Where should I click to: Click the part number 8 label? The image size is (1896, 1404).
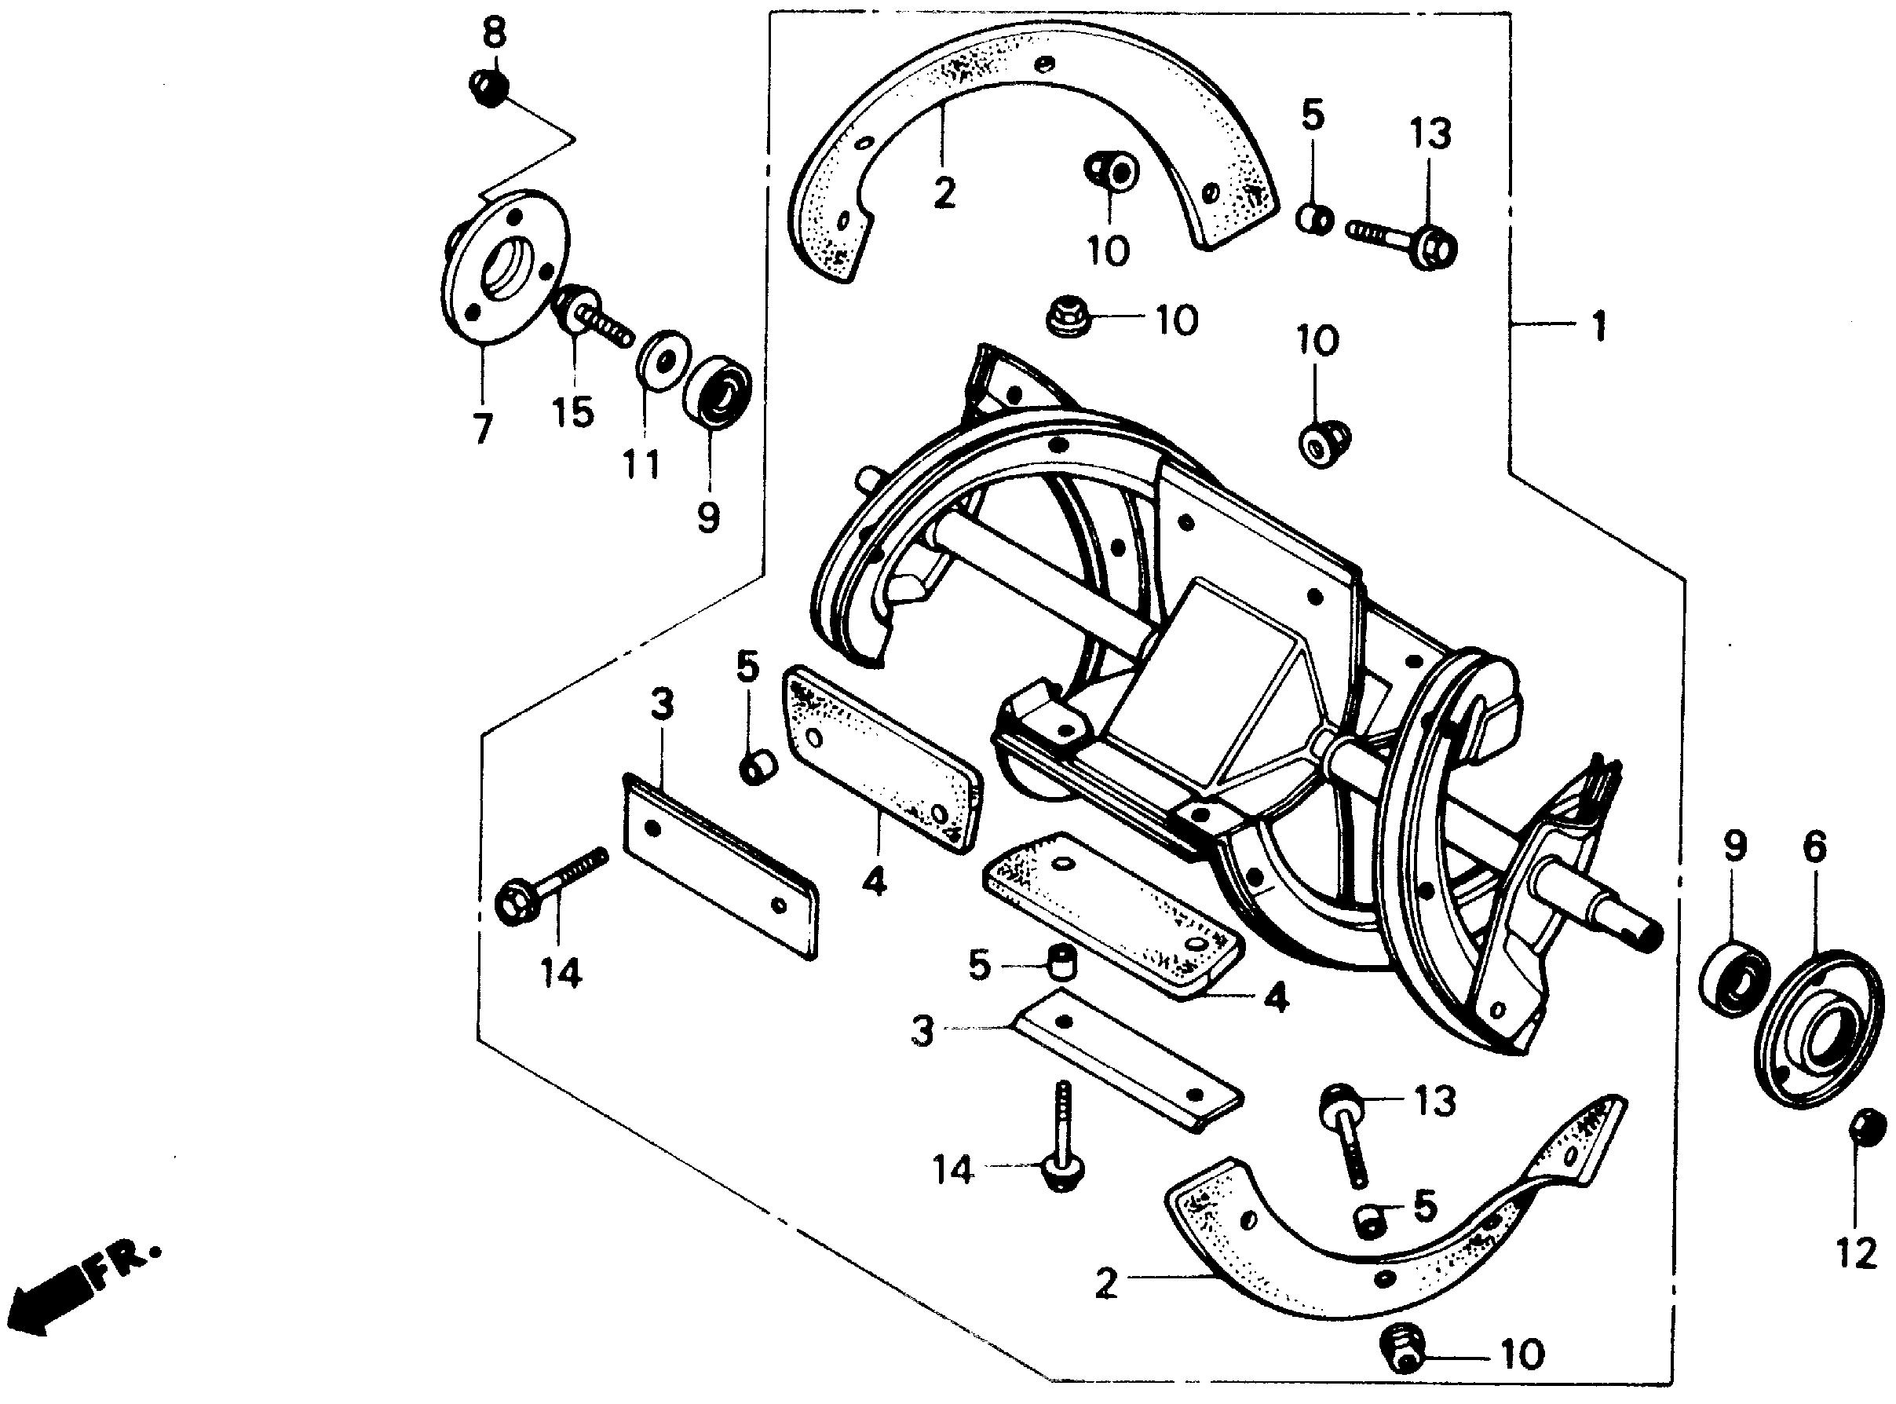[494, 35]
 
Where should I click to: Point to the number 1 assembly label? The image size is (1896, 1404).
[1599, 326]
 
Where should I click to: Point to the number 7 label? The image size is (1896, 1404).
[483, 430]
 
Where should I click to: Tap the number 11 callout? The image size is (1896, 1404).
[641, 464]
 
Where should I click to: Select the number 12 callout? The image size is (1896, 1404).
[1857, 1252]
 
